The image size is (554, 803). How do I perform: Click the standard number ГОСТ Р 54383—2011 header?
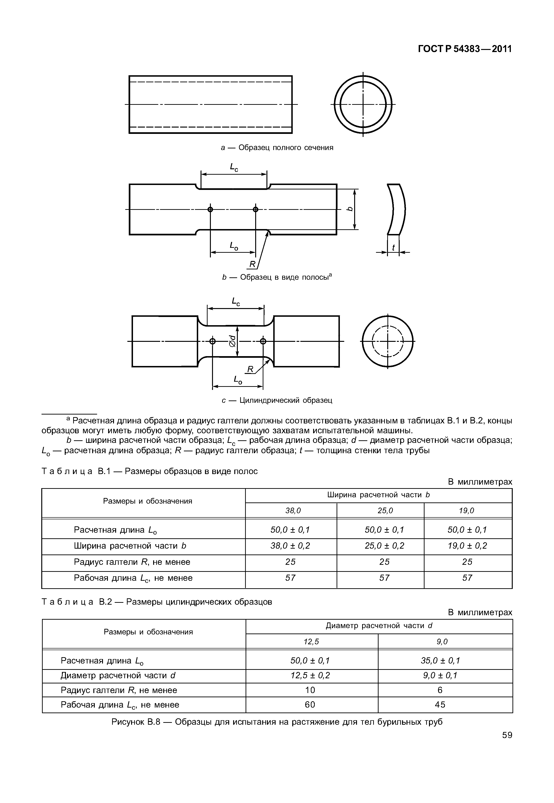coord(465,49)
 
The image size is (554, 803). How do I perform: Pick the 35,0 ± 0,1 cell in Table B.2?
coord(440,660)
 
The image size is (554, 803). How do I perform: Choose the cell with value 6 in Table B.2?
coord(440,690)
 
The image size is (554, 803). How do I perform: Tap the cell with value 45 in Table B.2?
coord(440,705)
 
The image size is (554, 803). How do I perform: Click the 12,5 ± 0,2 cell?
coord(310,675)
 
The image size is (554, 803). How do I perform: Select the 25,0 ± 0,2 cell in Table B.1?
coord(384,546)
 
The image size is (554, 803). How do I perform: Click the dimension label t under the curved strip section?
coord(393,248)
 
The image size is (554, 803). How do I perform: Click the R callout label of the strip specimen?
coord(252,264)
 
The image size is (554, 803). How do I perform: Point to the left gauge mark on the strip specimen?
coord(210,209)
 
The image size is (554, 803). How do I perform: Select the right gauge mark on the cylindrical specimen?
coord(263,341)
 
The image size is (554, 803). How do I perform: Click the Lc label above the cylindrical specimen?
coord(236,301)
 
